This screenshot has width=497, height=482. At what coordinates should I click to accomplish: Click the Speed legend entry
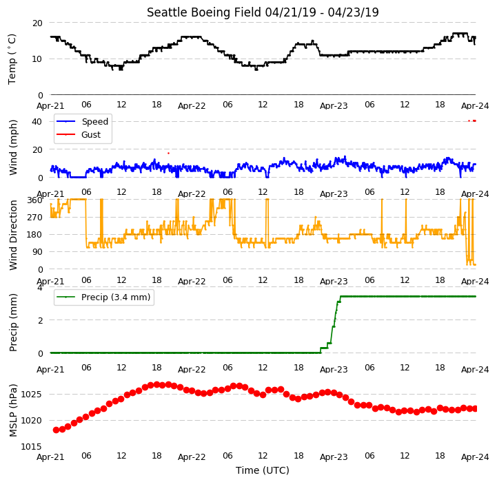pos(82,121)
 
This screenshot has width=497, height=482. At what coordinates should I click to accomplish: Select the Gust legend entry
pos(79,134)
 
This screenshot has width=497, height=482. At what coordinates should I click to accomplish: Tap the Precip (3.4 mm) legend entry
pos(103,297)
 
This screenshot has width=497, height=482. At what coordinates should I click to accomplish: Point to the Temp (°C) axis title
pos(12,59)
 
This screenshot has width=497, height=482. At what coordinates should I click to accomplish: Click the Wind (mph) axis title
pos(12,147)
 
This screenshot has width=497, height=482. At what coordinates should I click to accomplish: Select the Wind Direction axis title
pos(12,235)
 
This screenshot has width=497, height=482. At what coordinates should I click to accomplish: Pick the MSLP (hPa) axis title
pos(12,410)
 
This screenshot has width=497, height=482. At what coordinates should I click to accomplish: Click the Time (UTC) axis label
pos(263,470)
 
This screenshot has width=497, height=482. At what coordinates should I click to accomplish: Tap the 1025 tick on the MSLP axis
pos(31,395)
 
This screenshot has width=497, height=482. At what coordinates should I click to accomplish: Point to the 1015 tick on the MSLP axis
pos(31,447)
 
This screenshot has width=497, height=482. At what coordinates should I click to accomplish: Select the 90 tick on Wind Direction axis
pos(37,252)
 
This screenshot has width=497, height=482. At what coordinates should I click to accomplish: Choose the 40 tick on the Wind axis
pos(37,122)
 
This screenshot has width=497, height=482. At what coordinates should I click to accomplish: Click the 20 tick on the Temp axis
pos(37,23)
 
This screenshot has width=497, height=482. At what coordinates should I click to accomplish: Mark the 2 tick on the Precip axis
pos(40,320)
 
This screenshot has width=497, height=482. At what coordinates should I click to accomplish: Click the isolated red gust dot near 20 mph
pos(169,154)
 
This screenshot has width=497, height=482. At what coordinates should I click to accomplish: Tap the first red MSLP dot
pos(57,430)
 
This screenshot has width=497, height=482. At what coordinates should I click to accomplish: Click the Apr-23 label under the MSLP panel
pos(334,457)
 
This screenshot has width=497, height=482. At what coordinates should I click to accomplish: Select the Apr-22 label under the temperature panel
pos(192,106)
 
